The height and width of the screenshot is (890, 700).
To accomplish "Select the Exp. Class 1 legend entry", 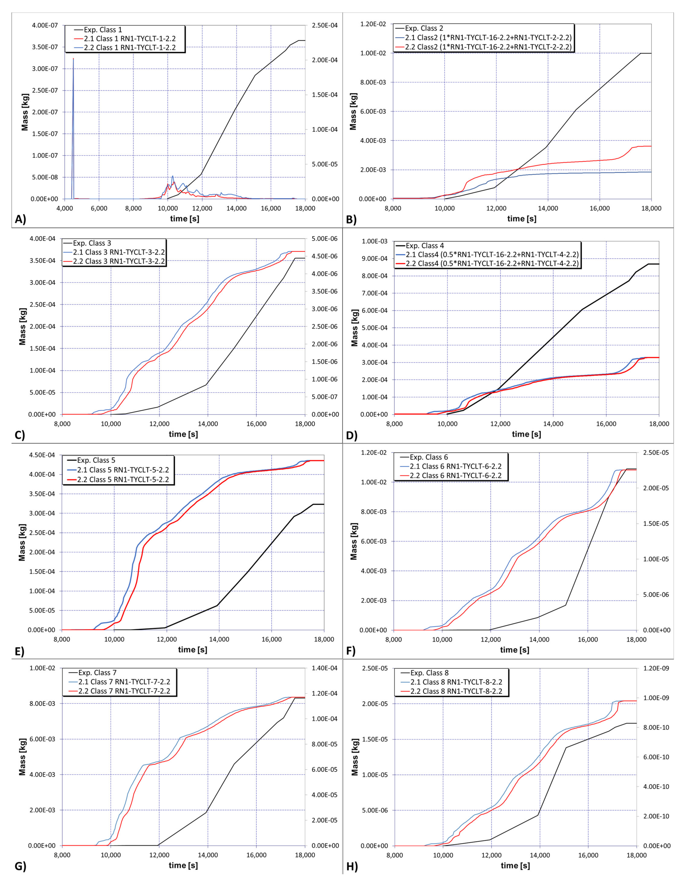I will (102, 30).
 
